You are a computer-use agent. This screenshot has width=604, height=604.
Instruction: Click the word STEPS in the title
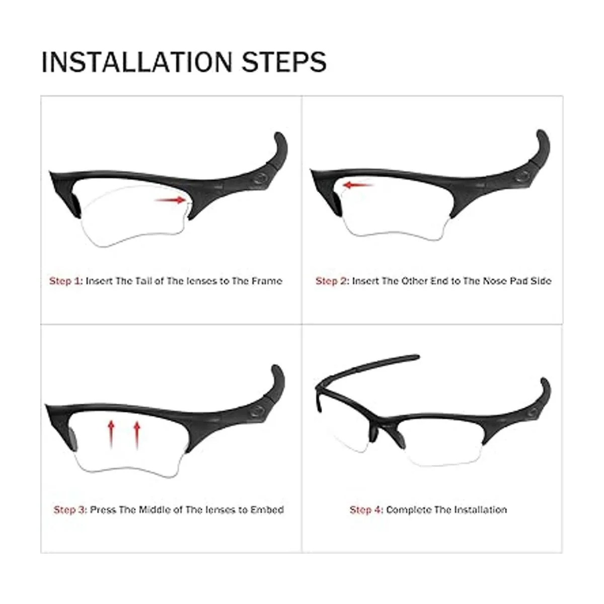[x=284, y=62]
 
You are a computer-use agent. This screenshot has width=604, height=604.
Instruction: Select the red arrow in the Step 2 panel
[x=358, y=185]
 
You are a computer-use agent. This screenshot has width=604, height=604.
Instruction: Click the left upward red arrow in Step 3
[x=111, y=435]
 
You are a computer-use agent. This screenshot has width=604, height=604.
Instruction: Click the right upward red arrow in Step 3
[x=136, y=435]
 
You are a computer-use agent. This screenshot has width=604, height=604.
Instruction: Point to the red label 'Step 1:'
[x=66, y=280]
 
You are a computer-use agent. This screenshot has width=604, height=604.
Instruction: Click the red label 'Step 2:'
[x=332, y=280]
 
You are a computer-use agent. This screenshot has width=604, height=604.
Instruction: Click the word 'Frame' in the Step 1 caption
[x=266, y=280]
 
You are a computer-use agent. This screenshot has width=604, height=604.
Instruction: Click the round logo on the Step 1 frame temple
[x=260, y=180]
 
